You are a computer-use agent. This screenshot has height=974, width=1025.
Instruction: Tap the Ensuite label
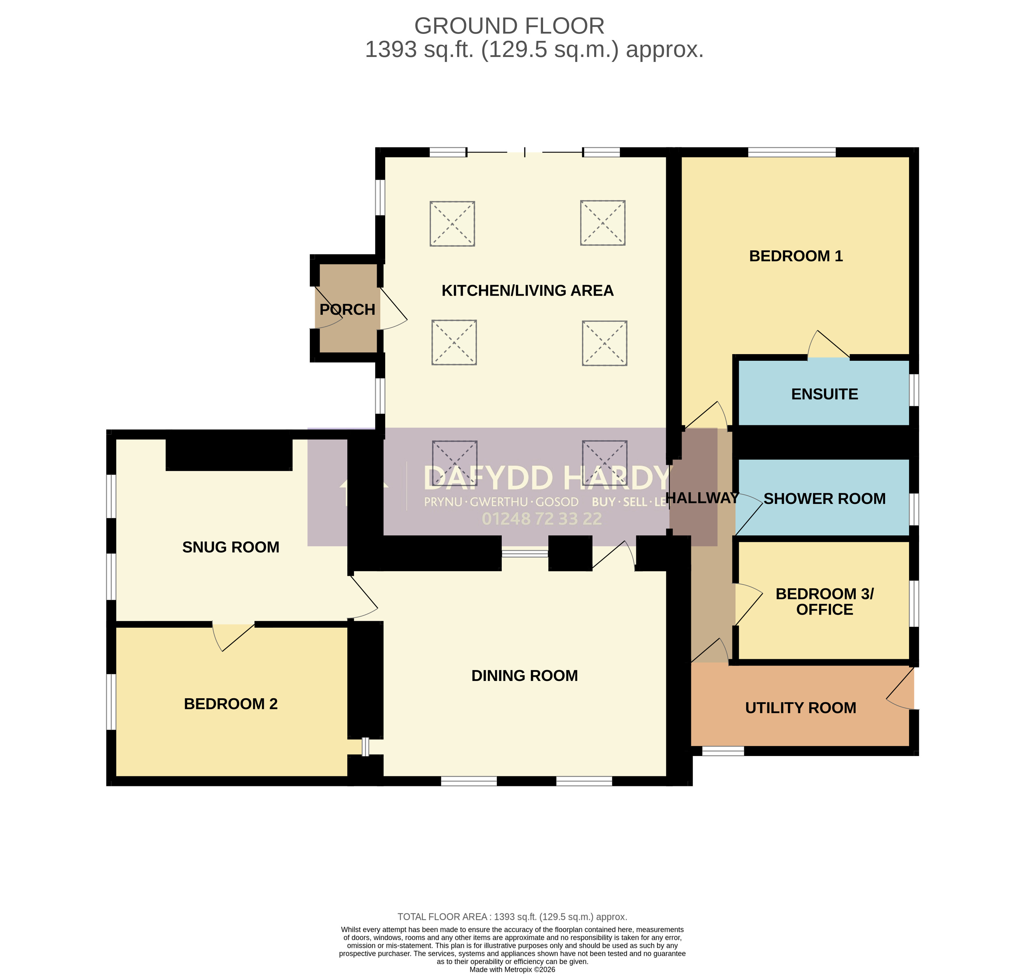pyautogui.click(x=825, y=394)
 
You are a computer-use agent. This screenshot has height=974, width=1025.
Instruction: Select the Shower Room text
pyautogui.click(x=825, y=498)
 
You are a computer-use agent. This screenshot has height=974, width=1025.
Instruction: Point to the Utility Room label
pyautogui.click(x=801, y=708)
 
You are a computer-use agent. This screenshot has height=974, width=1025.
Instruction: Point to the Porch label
pyautogui.click(x=347, y=309)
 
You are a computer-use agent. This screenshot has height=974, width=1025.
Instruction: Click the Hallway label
pyautogui.click(x=702, y=498)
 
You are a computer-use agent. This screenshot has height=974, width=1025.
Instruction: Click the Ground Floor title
pyautogui.click(x=509, y=26)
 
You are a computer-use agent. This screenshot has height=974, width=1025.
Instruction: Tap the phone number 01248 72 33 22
pyautogui.click(x=542, y=519)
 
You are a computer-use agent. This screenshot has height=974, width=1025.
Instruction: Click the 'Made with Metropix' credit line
pyautogui.click(x=512, y=969)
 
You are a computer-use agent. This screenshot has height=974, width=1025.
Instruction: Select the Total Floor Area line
pyautogui.click(x=512, y=917)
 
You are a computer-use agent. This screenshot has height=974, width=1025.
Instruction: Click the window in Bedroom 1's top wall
pyautogui.click(x=792, y=152)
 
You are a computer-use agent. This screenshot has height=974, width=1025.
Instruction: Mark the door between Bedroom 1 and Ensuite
pyautogui.click(x=829, y=344)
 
